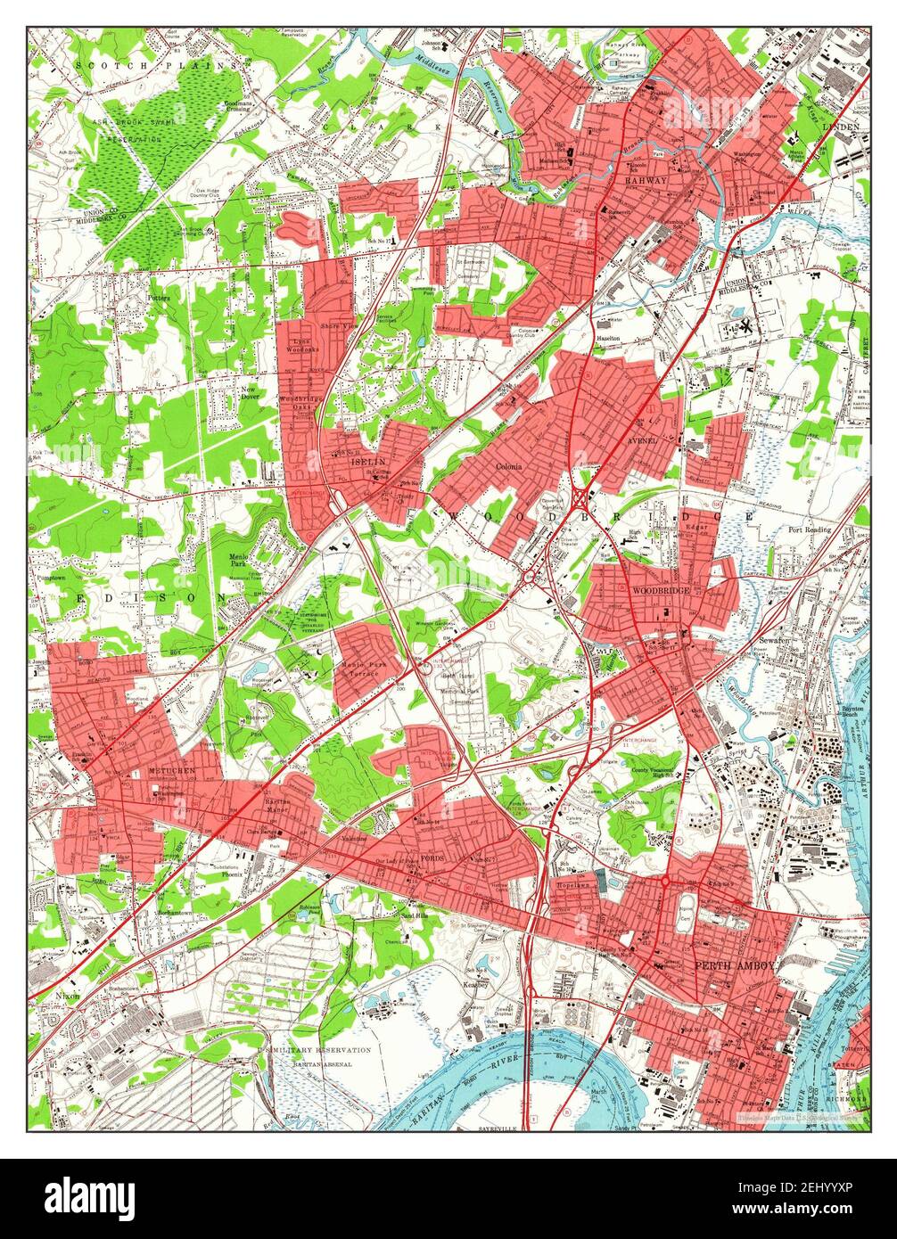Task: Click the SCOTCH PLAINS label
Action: coord(157,65)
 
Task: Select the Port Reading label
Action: coord(809,529)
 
